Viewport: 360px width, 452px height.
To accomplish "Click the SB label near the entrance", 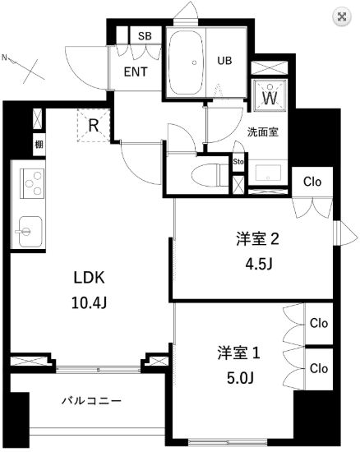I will (145, 36).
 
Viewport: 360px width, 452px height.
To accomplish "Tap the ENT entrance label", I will (136, 71).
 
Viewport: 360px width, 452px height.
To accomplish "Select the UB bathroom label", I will (224, 60).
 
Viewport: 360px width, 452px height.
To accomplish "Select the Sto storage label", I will (238, 162).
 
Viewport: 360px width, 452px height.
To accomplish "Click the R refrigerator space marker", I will (95, 126).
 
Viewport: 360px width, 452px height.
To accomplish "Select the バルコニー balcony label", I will (92, 401).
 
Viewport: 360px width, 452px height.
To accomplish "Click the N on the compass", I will (7, 58).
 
